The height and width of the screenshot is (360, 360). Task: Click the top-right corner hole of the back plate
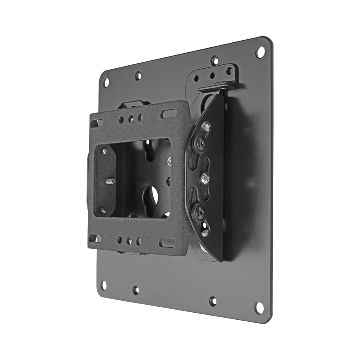[260, 52]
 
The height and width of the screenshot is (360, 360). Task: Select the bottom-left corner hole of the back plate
[103, 285]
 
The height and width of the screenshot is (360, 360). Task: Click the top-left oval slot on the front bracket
[97, 123]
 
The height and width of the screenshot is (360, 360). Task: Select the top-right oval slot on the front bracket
[169, 113]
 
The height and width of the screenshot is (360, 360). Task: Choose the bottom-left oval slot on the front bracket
[95, 238]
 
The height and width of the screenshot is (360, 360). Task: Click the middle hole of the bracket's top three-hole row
[131, 118]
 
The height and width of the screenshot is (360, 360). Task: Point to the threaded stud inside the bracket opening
[111, 181]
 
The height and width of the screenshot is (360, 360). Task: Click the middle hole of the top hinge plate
[213, 75]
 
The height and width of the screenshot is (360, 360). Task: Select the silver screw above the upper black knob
[206, 125]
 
